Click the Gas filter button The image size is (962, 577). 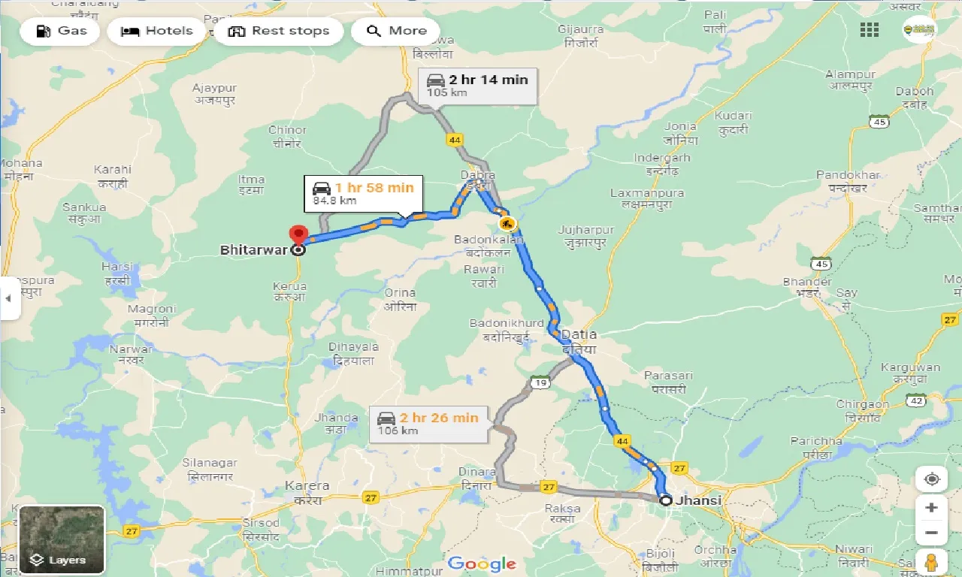click(x=63, y=31)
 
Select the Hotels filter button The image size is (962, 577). click(x=156, y=31)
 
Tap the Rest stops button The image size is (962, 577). click(x=279, y=31)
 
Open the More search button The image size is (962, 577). click(x=397, y=31)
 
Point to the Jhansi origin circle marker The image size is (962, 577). click(x=665, y=500)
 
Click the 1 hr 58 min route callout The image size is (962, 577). click(x=363, y=193)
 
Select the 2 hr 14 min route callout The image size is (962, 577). click(x=477, y=85)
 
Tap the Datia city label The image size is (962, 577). click(x=579, y=334)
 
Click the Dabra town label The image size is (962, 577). click(x=478, y=175)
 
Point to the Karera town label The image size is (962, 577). click(x=307, y=486)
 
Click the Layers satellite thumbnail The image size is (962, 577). click(x=62, y=539)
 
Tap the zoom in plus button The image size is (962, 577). click(x=931, y=507)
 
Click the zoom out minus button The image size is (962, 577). click(x=931, y=533)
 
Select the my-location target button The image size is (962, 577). click(x=932, y=479)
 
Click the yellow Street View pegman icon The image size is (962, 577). click(x=932, y=562)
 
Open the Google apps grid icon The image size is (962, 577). click(x=870, y=29)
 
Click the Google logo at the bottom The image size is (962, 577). click(x=481, y=563)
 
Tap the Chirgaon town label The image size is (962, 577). click(x=863, y=404)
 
